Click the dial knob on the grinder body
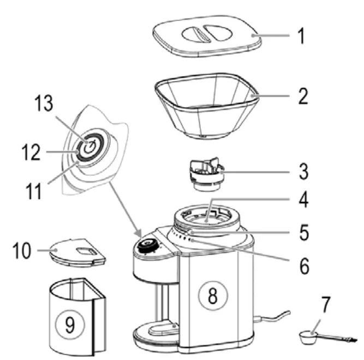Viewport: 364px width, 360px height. (x=145, y=245)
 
